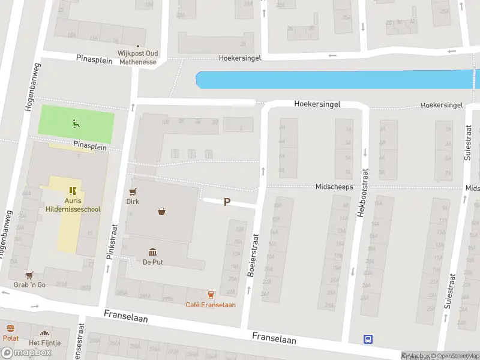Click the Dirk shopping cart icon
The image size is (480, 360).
133,192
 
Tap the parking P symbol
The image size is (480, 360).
227,202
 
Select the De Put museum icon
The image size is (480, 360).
152,252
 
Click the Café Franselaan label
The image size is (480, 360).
211,305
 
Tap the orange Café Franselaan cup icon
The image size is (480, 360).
211,295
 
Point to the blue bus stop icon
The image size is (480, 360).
368,339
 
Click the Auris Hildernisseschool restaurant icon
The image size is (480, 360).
73,191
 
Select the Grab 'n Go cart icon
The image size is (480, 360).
29,275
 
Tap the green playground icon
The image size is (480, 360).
76,124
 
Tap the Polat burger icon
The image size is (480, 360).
10,329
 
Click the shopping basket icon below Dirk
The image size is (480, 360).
161,211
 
